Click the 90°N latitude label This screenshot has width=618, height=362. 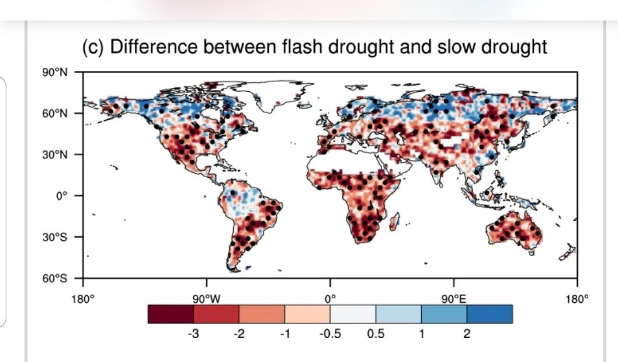55,73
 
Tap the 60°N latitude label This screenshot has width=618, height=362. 55,113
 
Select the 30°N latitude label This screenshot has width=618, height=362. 55,155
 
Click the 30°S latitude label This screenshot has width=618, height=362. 55,237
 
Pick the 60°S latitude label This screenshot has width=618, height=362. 55,279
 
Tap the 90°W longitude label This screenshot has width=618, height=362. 207,299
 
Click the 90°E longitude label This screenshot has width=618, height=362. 454,299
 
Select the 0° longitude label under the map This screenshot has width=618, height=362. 330,299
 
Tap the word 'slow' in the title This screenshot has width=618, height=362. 455,47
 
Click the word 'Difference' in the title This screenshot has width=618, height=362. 154,47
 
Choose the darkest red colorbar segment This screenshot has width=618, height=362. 171,314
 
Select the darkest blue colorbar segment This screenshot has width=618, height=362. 489,314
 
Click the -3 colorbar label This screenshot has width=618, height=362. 193,334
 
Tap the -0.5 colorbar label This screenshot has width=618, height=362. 330,334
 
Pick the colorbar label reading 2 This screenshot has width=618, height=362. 467,334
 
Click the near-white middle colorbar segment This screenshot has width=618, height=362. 353,314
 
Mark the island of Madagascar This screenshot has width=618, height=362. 395,222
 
